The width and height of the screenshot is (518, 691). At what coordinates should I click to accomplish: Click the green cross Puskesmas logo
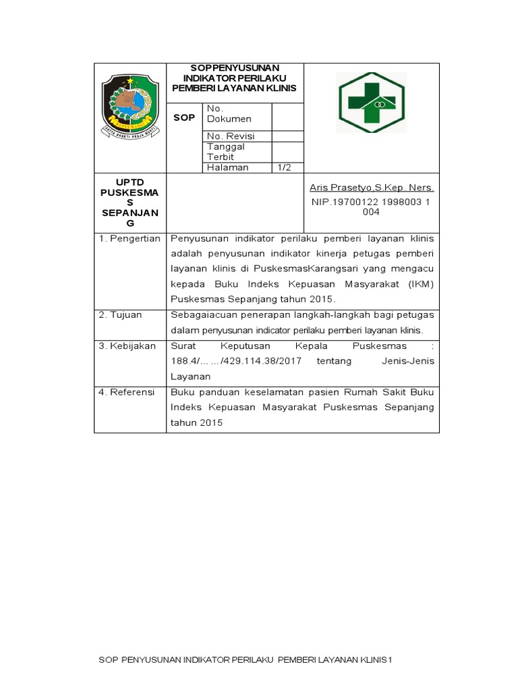[372, 103]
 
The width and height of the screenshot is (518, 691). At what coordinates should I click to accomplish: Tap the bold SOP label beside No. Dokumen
[184, 117]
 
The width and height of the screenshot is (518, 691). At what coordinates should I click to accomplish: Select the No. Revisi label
[230, 136]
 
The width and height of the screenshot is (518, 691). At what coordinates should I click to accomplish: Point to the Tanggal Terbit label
[226, 152]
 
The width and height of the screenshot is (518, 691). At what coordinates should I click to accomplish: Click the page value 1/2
[284, 167]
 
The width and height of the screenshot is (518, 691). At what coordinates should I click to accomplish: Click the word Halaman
[227, 167]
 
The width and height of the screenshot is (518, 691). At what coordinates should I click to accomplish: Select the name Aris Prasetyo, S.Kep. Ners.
[372, 188]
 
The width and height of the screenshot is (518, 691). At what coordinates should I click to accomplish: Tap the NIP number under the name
[372, 206]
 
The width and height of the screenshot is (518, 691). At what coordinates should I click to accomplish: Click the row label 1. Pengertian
[130, 239]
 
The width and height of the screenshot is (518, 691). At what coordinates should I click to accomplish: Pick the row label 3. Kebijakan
[127, 346]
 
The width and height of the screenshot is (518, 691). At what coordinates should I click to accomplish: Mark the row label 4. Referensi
[127, 392]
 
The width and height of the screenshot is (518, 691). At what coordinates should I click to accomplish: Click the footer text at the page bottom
[245, 659]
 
